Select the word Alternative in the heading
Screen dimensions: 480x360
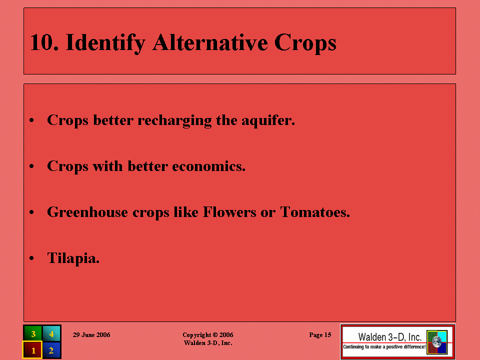210,42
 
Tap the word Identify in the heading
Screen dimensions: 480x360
105,43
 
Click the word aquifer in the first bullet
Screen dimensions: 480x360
268,120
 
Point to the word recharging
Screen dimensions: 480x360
174,120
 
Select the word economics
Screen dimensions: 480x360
209,166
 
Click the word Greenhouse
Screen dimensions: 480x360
87,212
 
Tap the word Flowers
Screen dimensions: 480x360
229,212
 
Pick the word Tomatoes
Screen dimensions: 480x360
315,212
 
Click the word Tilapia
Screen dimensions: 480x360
73,258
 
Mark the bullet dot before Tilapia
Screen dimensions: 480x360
31,258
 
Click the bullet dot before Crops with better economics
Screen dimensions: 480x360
31,166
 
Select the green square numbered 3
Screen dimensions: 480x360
33,333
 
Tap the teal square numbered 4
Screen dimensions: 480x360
51,333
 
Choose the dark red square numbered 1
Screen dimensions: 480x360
32,350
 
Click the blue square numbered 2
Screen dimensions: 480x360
51,350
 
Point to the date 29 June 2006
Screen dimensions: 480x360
91,335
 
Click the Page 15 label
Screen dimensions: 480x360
320,335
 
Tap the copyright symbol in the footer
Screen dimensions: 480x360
215,335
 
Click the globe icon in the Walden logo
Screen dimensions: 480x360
437,341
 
